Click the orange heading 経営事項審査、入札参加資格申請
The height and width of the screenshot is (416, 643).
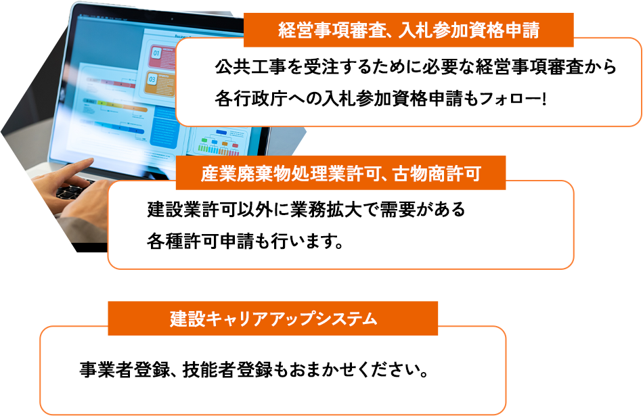[x=408, y=30]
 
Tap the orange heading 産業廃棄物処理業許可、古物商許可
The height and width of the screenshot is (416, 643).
[x=340, y=173]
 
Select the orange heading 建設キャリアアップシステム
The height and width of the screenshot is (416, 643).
[x=273, y=319]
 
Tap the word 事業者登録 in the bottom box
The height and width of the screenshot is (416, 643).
[x=125, y=370]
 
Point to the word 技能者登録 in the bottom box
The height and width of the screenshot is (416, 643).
[x=227, y=370]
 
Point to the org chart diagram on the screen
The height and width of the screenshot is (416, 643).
[x=219, y=141]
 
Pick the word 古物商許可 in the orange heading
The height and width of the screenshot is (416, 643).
[x=437, y=173]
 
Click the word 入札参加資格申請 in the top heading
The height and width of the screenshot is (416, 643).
[x=469, y=30]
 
